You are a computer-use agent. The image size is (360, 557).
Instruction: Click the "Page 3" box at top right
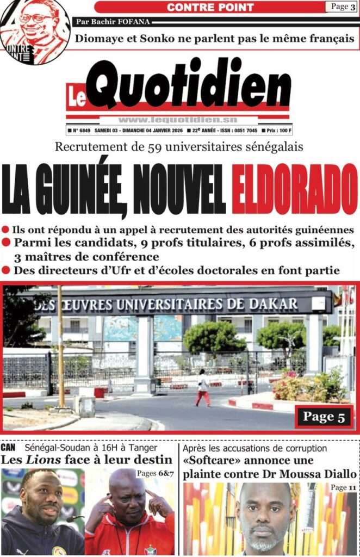tap(340, 7)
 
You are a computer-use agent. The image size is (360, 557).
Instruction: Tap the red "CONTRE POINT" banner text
tap(210, 7)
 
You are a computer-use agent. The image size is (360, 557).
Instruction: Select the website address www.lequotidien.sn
tap(177, 120)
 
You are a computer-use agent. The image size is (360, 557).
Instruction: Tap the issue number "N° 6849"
tap(79, 131)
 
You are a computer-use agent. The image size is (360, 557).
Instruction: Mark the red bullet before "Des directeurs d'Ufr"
tap(6, 270)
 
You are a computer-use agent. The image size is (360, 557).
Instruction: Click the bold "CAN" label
tap(8, 448)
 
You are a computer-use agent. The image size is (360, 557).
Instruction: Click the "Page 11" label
tap(343, 488)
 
